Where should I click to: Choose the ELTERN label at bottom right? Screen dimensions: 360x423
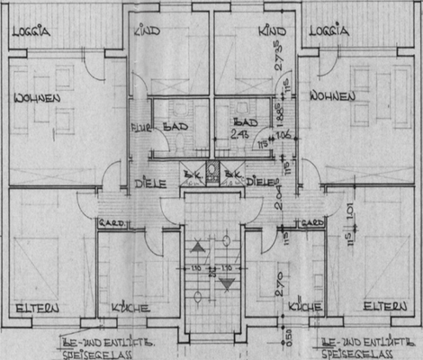click(x=383, y=307)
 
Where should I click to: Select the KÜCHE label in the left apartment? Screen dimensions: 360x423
click(x=130, y=309)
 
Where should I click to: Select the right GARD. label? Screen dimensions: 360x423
click(x=311, y=223)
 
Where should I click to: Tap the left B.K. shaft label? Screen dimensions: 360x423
click(x=190, y=174)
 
